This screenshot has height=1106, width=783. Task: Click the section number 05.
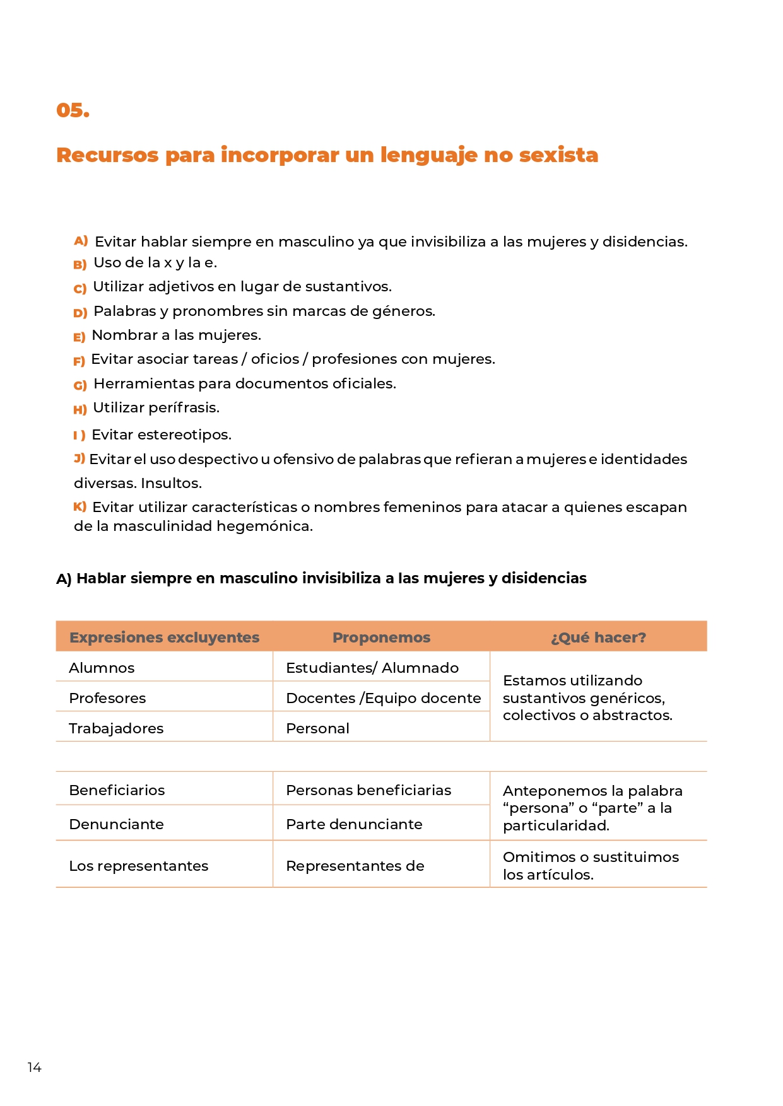[73, 110]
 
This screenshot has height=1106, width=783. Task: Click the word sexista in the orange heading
[558, 154]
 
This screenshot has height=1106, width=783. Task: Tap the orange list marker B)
[79, 264]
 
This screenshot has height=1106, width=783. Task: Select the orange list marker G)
[80, 385]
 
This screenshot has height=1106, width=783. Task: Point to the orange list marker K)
[80, 506]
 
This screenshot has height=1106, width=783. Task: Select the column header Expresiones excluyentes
[164, 637]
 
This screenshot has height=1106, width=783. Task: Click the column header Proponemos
[381, 637]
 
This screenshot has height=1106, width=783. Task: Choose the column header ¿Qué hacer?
[598, 637]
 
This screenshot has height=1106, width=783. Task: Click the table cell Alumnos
[102, 668]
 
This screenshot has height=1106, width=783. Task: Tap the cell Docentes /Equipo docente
[383, 698]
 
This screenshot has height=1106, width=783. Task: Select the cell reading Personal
[317, 728]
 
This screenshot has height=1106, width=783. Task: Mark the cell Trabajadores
[116, 728]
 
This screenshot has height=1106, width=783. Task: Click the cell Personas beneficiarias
[368, 790]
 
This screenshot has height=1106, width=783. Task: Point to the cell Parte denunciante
[354, 824]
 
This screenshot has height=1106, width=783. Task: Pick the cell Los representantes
[138, 866]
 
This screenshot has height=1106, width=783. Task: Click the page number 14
[34, 1067]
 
